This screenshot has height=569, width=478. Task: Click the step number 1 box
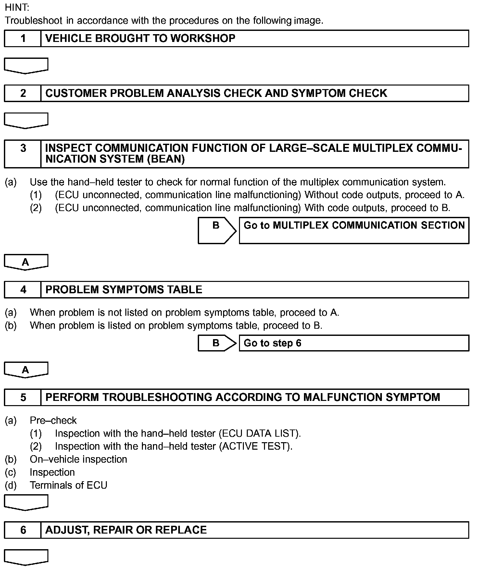click(23, 38)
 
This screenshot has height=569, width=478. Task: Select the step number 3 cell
click(23, 154)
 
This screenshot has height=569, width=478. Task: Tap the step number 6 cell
click(23, 530)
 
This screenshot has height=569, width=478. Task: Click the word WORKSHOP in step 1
click(203, 38)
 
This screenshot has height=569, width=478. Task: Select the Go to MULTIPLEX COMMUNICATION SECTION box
click(354, 230)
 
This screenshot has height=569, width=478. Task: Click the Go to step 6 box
click(354, 343)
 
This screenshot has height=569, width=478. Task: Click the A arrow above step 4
click(26, 262)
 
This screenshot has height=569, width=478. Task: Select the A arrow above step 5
click(26, 369)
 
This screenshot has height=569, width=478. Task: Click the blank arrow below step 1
click(26, 65)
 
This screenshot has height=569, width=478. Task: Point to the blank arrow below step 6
click(26, 557)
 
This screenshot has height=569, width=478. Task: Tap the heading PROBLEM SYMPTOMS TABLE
click(124, 289)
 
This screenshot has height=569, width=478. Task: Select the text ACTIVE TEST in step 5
click(255, 446)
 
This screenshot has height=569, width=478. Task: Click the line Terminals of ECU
click(68, 485)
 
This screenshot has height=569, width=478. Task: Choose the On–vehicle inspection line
click(78, 459)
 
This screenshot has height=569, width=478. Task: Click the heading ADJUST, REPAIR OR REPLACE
click(126, 530)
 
